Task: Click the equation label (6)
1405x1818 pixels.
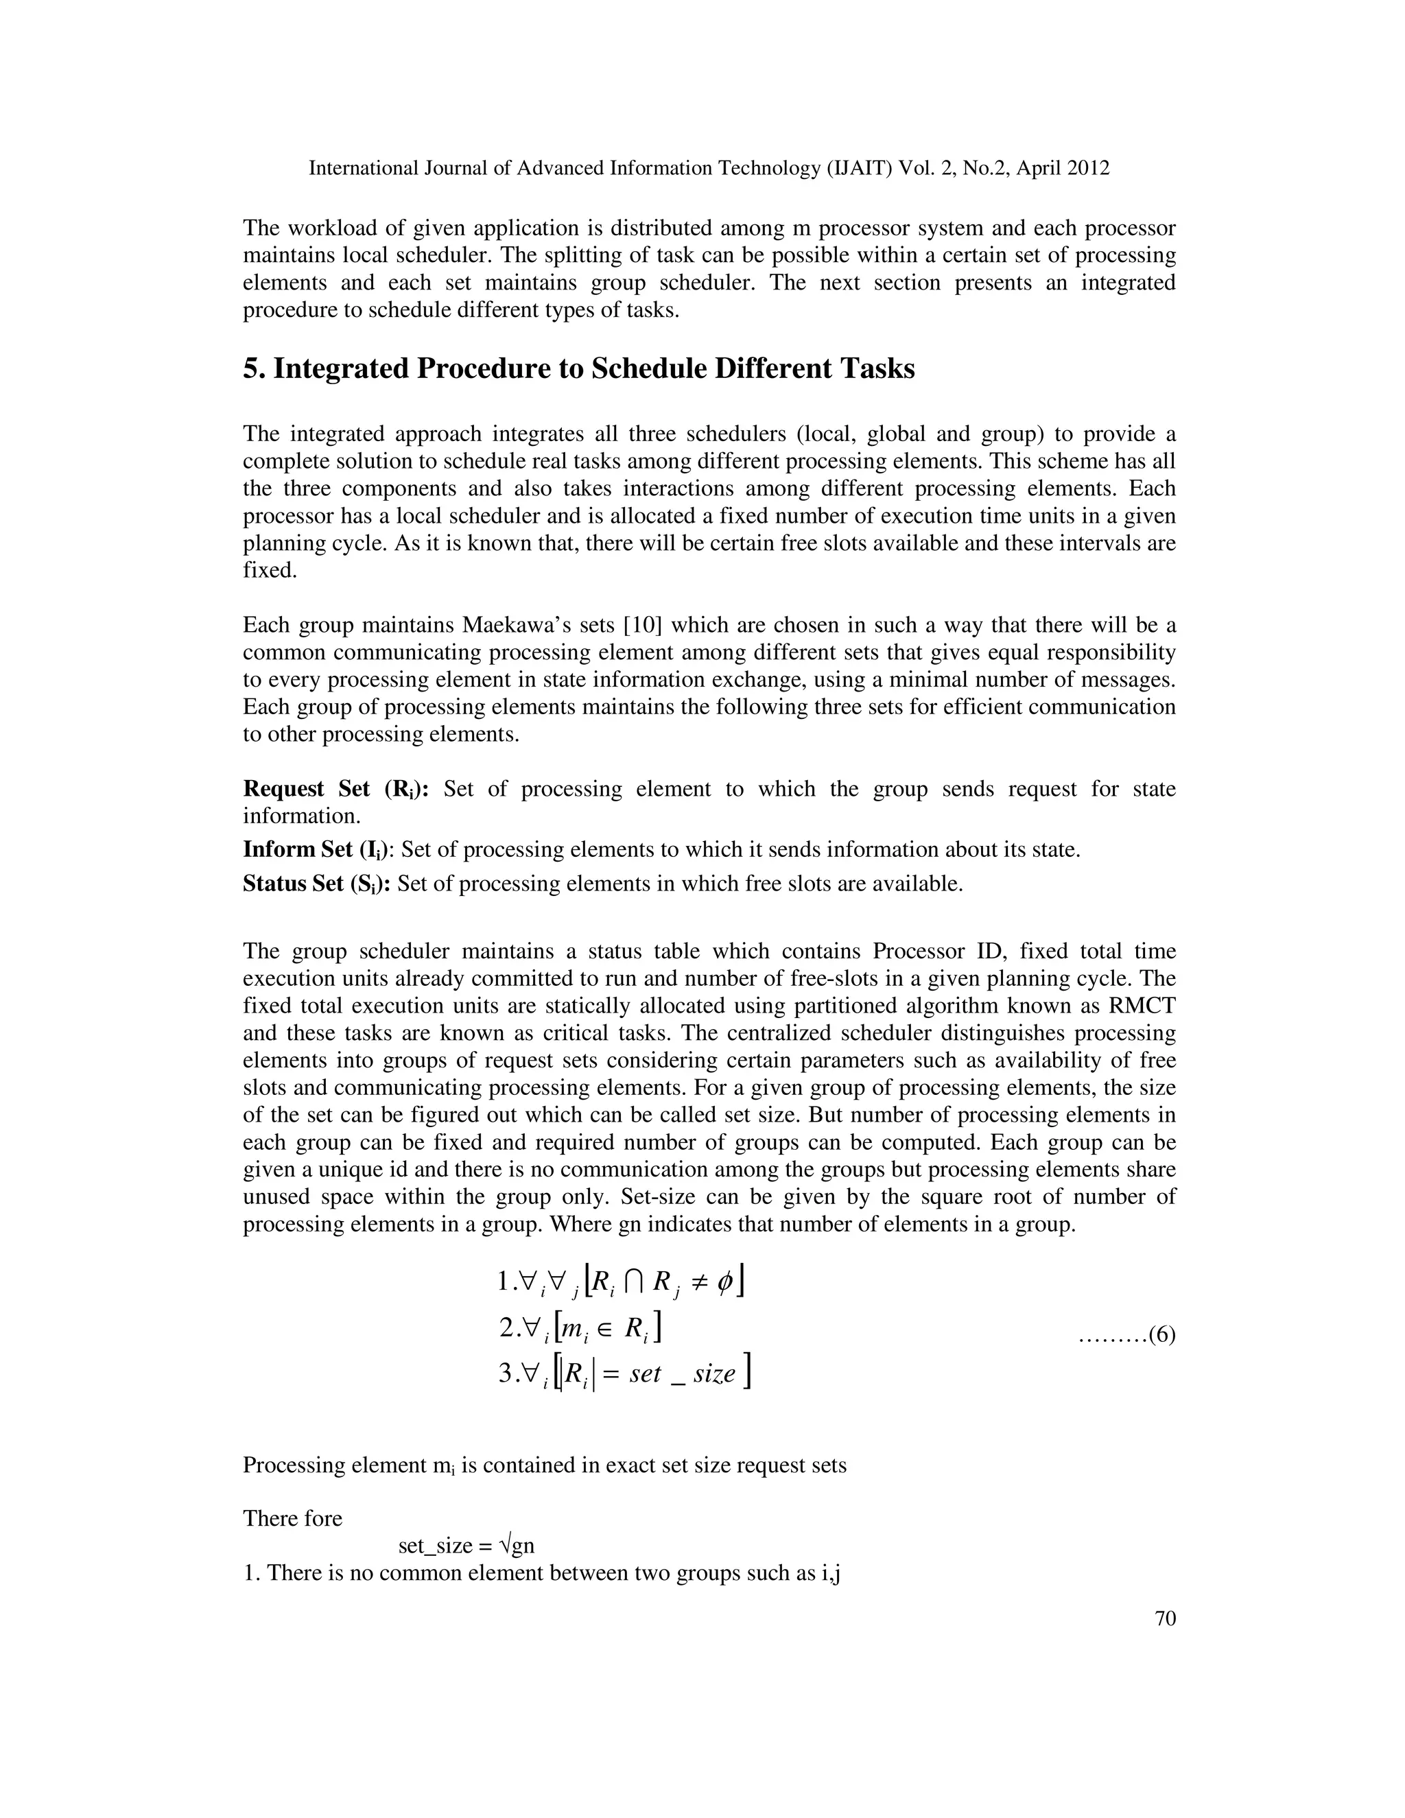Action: (x=1161, y=1335)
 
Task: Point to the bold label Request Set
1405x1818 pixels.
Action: (x=305, y=789)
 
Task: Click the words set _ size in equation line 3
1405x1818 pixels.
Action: (x=683, y=1373)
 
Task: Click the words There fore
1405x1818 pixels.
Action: (x=292, y=1518)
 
